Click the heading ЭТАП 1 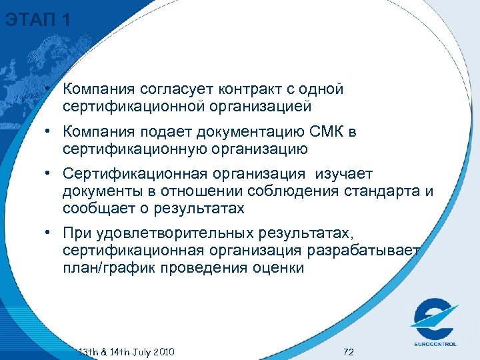pyautogui.click(x=37, y=20)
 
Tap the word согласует pyautogui.click(x=171, y=89)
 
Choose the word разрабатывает pyautogui.click(x=364, y=251)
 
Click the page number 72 pyautogui.click(x=347, y=351)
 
